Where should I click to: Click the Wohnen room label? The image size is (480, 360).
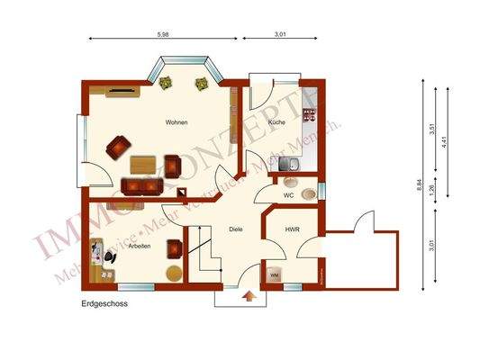177,122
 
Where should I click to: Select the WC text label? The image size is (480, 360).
288,194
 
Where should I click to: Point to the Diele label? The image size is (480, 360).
236,229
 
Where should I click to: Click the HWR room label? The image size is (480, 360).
292,229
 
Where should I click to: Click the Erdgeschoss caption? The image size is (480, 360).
104,304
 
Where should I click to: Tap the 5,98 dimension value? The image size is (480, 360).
163,34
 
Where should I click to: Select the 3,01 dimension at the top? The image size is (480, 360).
279,34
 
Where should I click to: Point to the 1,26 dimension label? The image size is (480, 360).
433,191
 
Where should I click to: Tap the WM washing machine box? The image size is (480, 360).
275,275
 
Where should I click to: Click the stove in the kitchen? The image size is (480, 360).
310,114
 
